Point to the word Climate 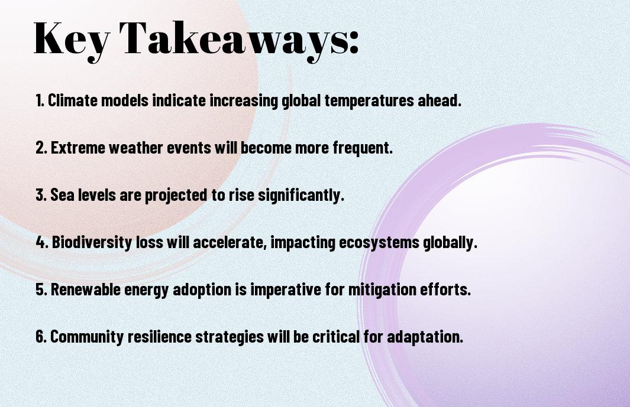(73, 100)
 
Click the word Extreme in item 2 (77, 148)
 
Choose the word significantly (301, 196)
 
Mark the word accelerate (231, 242)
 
